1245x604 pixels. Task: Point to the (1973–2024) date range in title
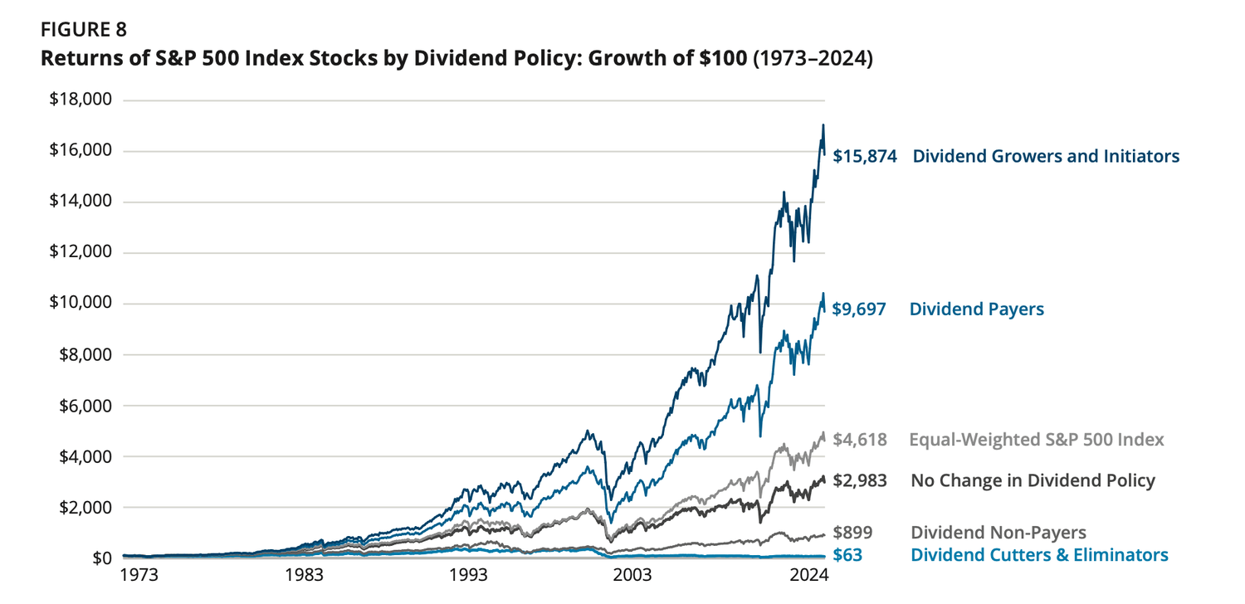click(x=813, y=61)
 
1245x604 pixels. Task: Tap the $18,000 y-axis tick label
click(x=81, y=100)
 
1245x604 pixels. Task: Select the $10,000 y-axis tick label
click(x=81, y=304)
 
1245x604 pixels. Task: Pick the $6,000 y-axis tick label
click(x=85, y=406)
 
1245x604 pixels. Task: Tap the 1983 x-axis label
click(x=306, y=575)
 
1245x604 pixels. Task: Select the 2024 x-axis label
click(x=810, y=575)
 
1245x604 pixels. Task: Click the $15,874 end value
click(x=864, y=156)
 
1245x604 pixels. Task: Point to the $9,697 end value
click(x=859, y=309)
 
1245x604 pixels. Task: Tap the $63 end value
click(x=847, y=555)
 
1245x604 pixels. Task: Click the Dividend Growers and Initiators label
click(x=1046, y=156)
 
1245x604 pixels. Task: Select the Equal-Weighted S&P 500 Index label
click(x=1037, y=440)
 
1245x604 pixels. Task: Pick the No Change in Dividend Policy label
click(x=1033, y=480)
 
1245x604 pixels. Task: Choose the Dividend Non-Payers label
click(x=998, y=533)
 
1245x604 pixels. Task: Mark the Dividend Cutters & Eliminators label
click(x=1039, y=555)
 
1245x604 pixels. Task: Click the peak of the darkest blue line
click(x=823, y=125)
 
